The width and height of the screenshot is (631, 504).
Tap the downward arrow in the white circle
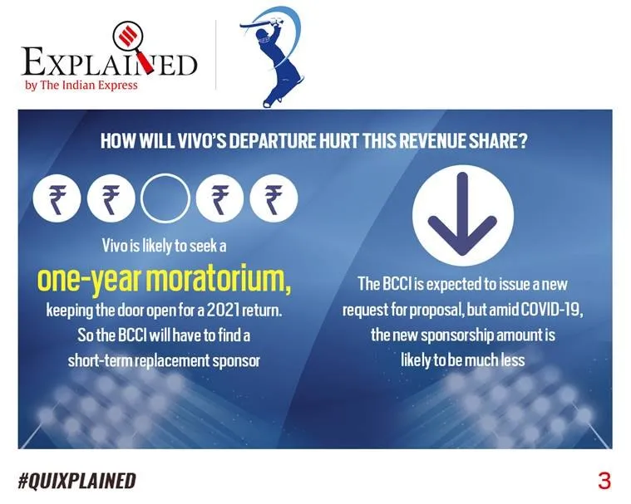(x=462, y=214)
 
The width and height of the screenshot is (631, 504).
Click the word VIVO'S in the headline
(x=201, y=141)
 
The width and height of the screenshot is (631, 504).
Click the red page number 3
(x=604, y=481)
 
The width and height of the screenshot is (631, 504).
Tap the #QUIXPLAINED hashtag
(x=76, y=481)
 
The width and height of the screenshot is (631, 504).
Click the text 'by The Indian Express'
(x=81, y=86)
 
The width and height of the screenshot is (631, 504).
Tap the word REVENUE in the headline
(x=429, y=141)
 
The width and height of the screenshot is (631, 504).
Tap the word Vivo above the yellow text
(x=115, y=246)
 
